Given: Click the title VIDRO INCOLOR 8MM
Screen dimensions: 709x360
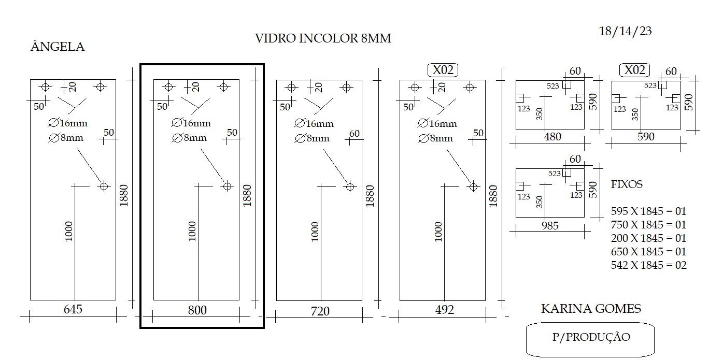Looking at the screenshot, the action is click(323, 38).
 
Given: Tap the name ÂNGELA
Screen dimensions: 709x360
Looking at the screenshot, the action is click(58, 46).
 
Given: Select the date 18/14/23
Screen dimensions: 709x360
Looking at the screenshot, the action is click(625, 31).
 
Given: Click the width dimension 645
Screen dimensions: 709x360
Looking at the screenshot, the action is click(73, 309).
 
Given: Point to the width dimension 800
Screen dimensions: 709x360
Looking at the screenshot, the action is click(197, 310).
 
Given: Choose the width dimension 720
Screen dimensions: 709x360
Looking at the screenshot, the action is click(320, 311).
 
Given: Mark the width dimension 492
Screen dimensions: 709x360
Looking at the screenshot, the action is click(444, 309).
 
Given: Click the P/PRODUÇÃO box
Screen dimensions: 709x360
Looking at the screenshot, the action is click(590, 339).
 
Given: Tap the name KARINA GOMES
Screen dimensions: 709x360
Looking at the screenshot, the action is click(591, 308).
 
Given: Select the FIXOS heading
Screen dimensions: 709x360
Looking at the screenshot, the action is click(627, 184).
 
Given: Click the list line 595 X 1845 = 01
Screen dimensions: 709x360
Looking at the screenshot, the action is click(648, 211).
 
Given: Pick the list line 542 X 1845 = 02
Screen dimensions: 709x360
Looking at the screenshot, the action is click(648, 265).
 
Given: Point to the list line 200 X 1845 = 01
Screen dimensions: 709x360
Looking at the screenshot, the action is click(648, 238).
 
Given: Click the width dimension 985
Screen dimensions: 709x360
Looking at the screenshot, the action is click(550, 225).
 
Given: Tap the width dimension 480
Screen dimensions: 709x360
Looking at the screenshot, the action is click(552, 137).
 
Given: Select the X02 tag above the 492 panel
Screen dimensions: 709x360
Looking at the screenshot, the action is click(443, 70).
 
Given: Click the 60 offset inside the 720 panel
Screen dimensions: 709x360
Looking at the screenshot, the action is click(354, 134).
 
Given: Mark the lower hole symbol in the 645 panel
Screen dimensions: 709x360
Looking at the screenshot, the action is click(104, 186).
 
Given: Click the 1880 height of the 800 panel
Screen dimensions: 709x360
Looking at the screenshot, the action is click(247, 196).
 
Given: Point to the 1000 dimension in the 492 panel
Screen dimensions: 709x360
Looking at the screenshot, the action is click(438, 232).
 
